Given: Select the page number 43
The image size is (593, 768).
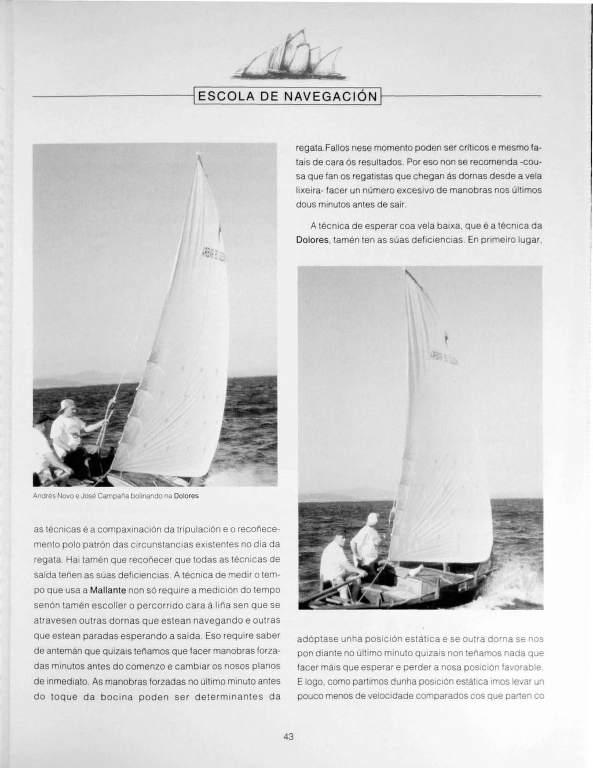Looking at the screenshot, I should pyautogui.click(x=289, y=737).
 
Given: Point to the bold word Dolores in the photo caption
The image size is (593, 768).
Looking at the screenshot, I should pyautogui.click(x=186, y=496).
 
